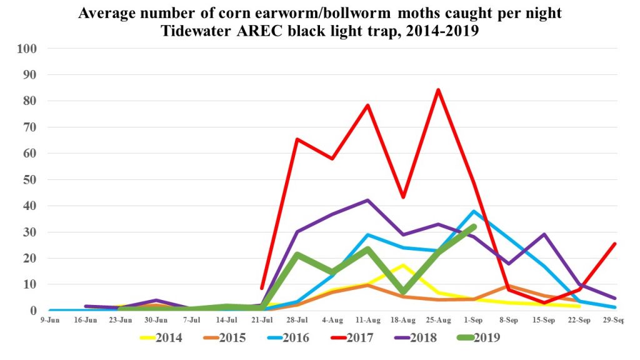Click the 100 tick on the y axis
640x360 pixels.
pyautogui.click(x=29, y=49)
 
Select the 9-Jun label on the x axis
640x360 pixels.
pyautogui.click(x=50, y=319)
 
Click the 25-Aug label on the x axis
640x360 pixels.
pyautogui.click(x=438, y=319)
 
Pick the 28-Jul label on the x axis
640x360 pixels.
pyautogui.click(x=297, y=319)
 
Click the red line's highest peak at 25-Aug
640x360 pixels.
pyautogui.click(x=438, y=89)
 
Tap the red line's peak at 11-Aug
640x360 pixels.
pyautogui.click(x=367, y=105)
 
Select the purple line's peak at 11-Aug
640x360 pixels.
pyautogui.click(x=367, y=200)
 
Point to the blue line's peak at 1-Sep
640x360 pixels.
pyautogui.click(x=474, y=211)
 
